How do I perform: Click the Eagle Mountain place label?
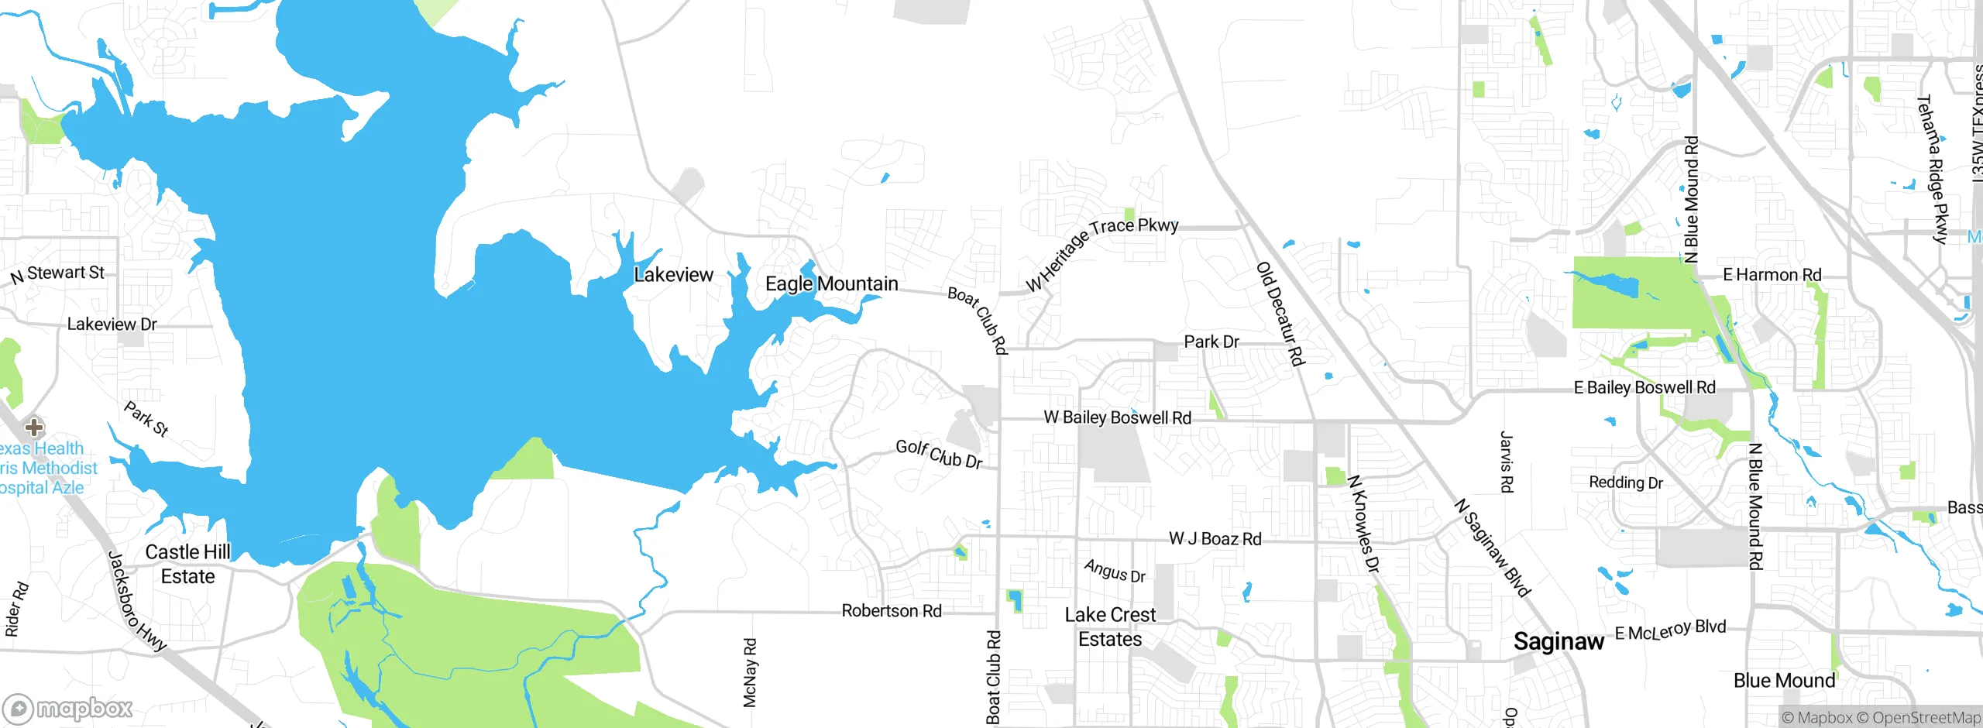click(x=831, y=284)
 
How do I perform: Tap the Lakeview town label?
click(x=673, y=275)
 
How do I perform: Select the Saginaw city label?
click(x=1558, y=642)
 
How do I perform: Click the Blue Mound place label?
click(x=1784, y=681)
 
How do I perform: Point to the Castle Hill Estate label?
click(x=187, y=565)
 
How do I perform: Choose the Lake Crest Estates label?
click(x=1110, y=627)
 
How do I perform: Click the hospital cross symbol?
click(x=34, y=427)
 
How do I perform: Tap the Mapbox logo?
click(x=68, y=708)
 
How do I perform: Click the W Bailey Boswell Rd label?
click(x=1117, y=418)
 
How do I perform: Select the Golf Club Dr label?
click(x=939, y=455)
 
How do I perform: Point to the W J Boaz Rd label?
click(x=1215, y=539)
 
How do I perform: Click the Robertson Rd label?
click(x=892, y=611)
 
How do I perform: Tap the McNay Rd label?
click(x=749, y=672)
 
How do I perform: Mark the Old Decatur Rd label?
click(x=1280, y=314)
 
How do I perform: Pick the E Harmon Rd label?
click(x=1772, y=275)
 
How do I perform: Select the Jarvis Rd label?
click(x=1506, y=462)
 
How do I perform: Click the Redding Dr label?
click(x=1626, y=482)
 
